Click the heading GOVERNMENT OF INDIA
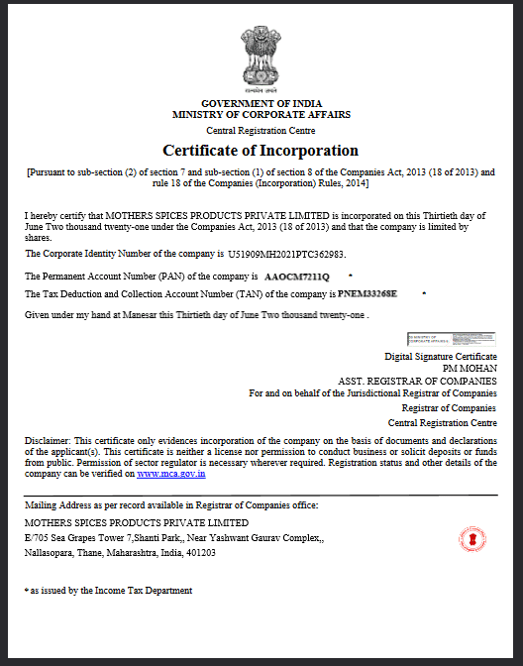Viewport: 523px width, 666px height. coord(261,104)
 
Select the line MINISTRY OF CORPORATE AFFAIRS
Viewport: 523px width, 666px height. coord(261,115)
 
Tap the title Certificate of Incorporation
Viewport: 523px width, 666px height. coord(261,151)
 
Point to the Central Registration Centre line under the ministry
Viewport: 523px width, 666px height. coord(261,131)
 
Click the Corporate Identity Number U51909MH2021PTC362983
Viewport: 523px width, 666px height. coord(301,255)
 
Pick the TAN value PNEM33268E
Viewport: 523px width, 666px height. coord(367,294)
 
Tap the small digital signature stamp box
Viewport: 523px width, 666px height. coord(437,339)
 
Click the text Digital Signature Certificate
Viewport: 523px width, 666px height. coord(441,356)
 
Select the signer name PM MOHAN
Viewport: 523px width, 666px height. coord(471,368)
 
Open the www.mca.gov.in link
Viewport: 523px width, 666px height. coord(170,475)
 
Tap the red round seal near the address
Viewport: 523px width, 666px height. coord(471,540)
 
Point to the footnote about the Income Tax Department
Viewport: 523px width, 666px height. coord(110,590)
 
